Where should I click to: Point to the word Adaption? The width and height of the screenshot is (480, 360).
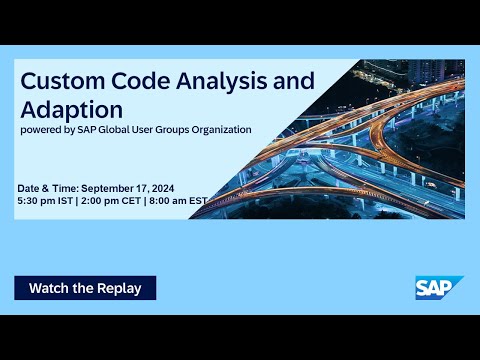(72, 107)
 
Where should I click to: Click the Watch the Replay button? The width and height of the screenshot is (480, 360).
(85, 288)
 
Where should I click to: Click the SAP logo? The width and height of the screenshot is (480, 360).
(439, 287)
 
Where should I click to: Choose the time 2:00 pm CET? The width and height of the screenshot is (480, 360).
(115, 201)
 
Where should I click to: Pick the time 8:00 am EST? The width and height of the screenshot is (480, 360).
(181, 201)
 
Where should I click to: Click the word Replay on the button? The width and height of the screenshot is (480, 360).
(120, 288)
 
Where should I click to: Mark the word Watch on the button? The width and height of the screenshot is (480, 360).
(49, 288)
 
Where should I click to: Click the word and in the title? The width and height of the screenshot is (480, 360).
(288, 79)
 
